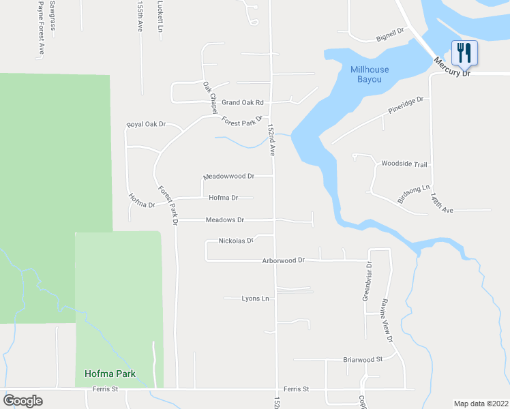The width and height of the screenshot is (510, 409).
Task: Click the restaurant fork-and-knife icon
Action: (464, 51)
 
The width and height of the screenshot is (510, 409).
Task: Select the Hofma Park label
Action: (110, 374)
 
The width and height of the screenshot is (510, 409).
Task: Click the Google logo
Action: (22, 401)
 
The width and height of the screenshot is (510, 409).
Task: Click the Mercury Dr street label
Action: (453, 67)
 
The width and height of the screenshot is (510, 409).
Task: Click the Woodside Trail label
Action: (404, 164)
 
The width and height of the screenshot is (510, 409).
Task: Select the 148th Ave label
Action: (441, 203)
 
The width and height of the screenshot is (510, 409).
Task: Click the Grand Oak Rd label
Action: (242, 102)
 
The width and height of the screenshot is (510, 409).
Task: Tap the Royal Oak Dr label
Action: (146, 125)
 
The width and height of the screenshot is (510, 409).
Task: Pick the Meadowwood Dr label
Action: (229, 176)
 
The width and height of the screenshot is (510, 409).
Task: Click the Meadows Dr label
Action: (224, 220)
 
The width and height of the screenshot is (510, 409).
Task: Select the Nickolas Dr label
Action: (236, 241)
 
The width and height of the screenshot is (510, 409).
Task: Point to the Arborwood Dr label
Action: (284, 260)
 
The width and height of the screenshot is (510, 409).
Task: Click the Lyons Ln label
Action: (256, 299)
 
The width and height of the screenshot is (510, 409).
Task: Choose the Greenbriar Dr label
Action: (366, 281)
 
